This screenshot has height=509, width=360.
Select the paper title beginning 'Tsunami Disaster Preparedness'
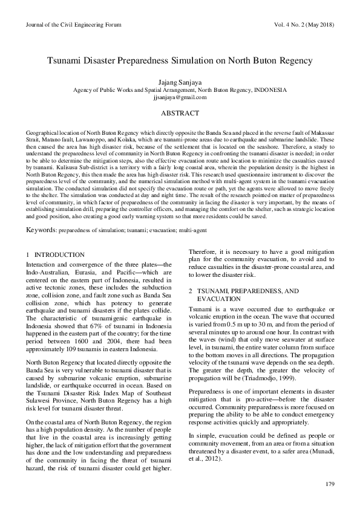pyautogui.click(x=180, y=61)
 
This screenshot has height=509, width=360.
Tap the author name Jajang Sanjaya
pyautogui.click(x=180, y=81)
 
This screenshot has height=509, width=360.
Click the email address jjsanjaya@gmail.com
pyautogui.click(x=180, y=97)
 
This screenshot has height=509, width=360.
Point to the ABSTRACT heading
pyautogui.click(x=180, y=113)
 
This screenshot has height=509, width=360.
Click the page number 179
pyautogui.click(x=330, y=484)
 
